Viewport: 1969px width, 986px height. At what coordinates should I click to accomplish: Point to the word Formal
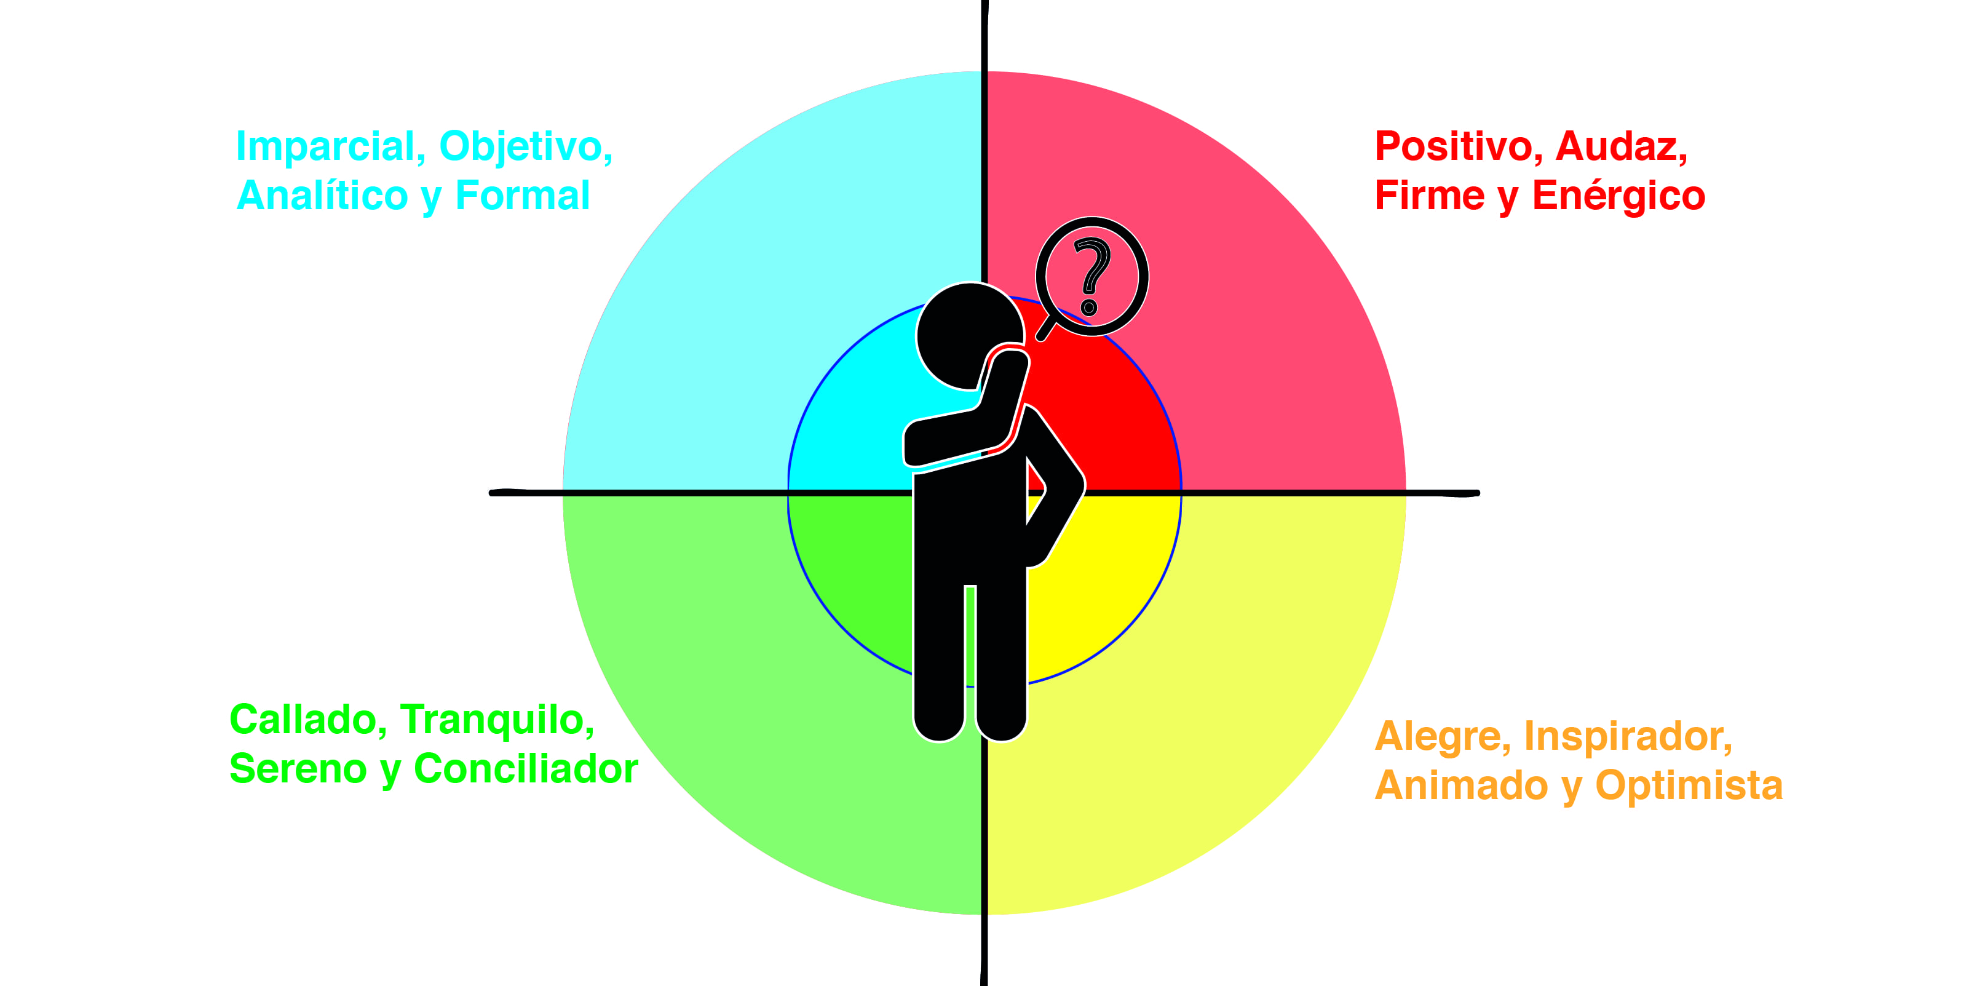coord(523,196)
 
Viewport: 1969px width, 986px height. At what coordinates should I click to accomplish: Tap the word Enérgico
coord(1619,196)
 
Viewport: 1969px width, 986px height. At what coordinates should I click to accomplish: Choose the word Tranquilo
coord(497,721)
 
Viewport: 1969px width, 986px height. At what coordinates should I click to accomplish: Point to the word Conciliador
coord(526,769)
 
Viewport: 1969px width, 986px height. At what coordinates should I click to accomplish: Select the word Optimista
coord(1689,785)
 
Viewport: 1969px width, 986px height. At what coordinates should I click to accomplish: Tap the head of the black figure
coord(969,336)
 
